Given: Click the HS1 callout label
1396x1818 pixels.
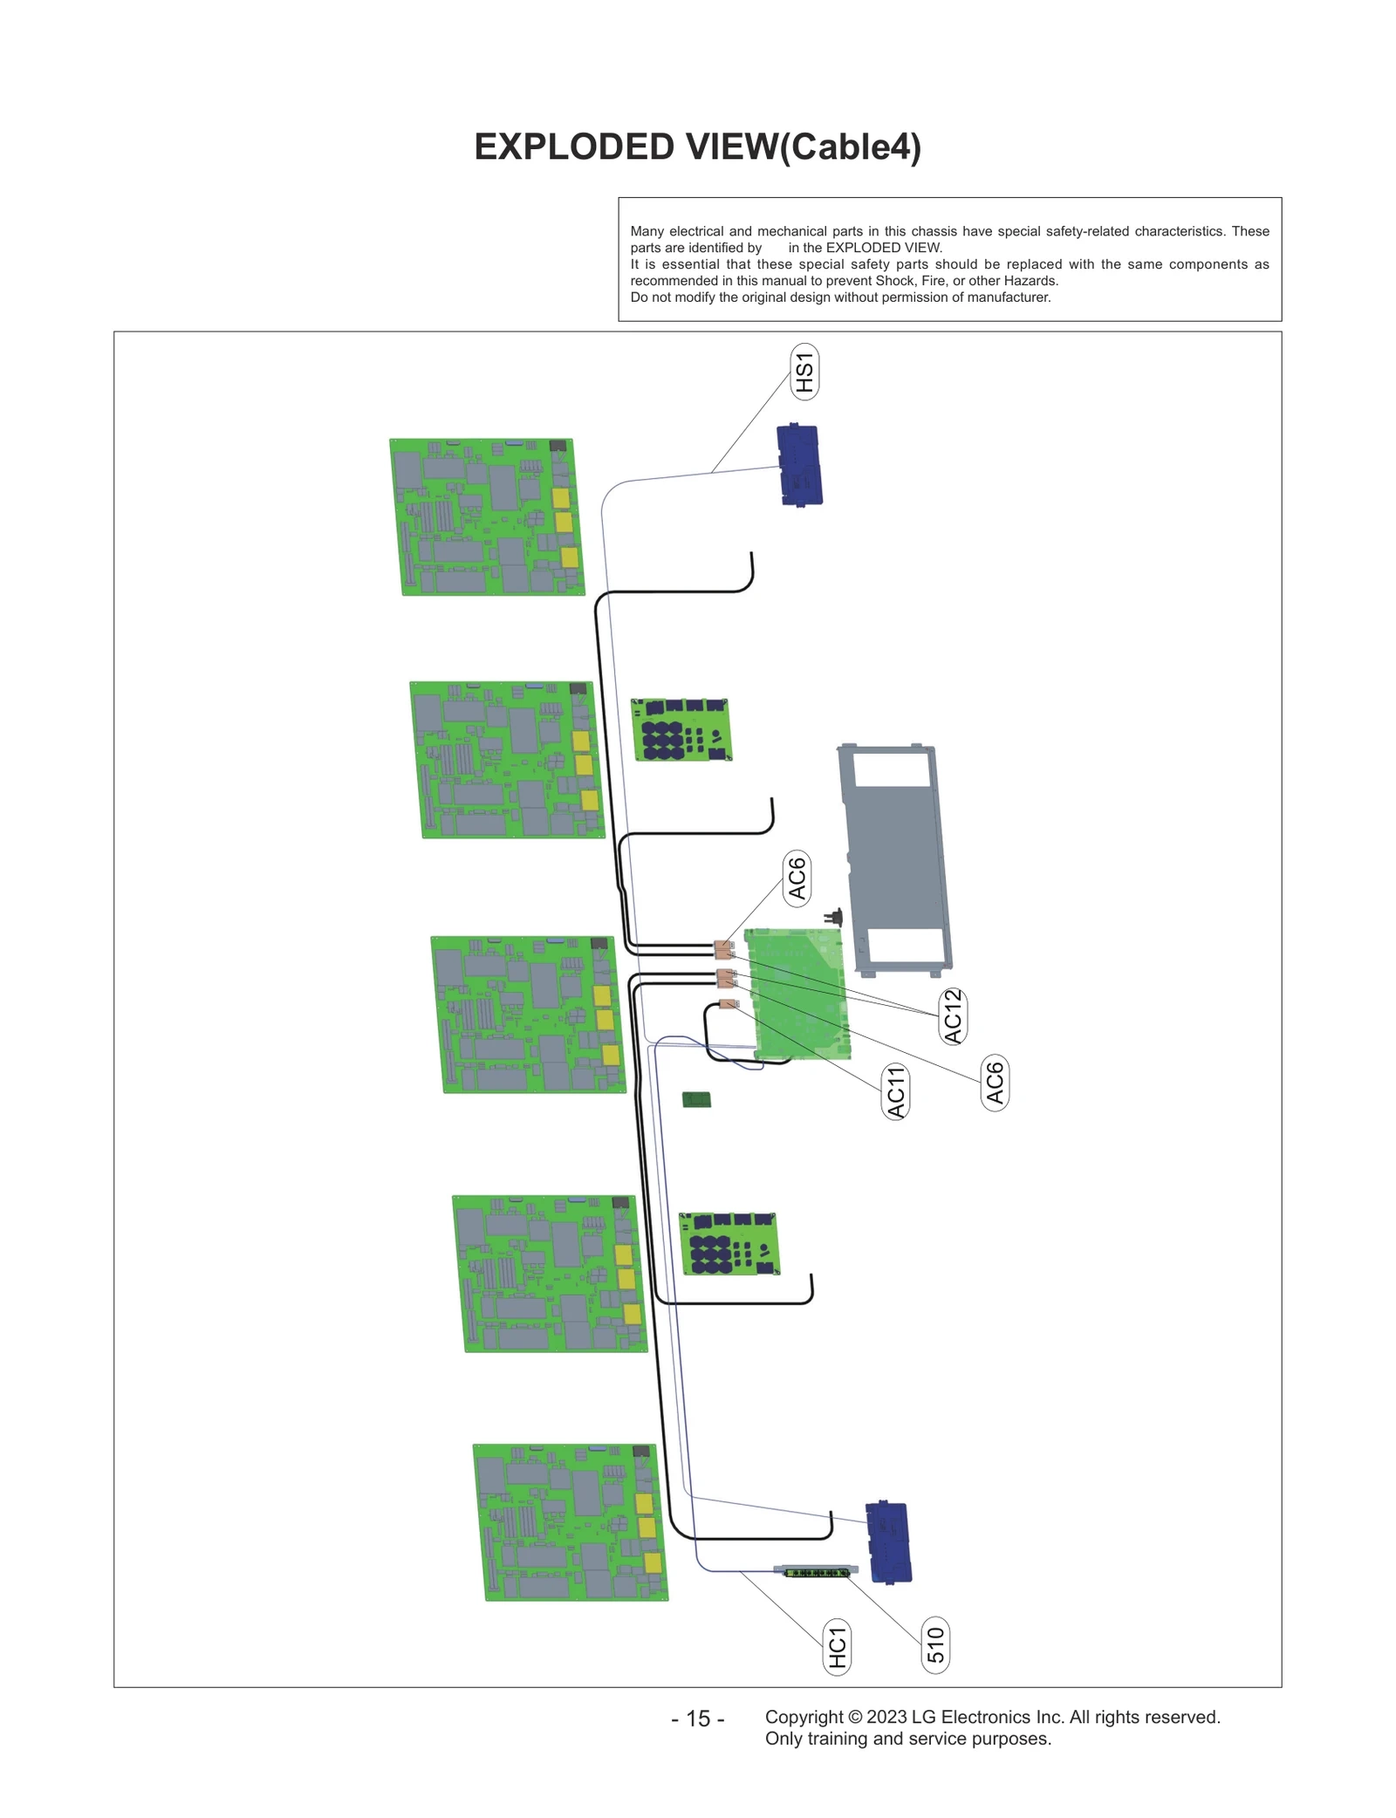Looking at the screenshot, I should (x=804, y=372).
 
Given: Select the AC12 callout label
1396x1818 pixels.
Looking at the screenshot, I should (x=952, y=1016).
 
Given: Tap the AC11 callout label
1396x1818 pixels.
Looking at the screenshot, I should (x=895, y=1091).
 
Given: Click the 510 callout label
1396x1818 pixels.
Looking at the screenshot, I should (x=935, y=1645).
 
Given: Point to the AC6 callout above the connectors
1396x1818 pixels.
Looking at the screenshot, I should (x=797, y=878).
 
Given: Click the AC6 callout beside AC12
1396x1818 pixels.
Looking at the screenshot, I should (x=995, y=1083).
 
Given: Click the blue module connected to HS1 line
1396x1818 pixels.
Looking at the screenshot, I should (x=799, y=465).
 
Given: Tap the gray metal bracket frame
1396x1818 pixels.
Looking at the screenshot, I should (x=894, y=859).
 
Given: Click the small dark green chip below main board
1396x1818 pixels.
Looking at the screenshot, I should (x=696, y=1099).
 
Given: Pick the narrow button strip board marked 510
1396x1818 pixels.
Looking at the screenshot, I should (x=817, y=1573).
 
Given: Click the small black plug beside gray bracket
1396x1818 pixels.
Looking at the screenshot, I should (x=835, y=918).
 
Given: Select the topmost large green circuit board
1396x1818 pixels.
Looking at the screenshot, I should (x=486, y=517).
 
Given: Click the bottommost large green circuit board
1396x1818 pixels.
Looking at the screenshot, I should (x=570, y=1522).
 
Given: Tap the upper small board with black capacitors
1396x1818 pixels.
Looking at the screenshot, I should (x=681, y=729).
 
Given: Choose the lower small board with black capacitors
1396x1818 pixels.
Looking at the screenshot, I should (x=729, y=1243).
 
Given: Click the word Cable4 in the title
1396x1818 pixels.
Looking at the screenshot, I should (x=849, y=147).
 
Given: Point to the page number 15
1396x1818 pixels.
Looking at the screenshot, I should (x=698, y=1719).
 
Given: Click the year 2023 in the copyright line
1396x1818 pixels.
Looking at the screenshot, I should (x=886, y=1717).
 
